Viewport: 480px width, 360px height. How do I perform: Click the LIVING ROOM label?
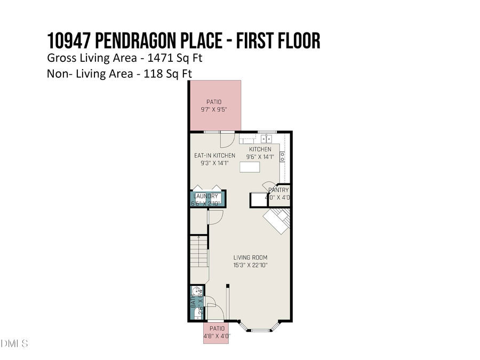click(x=250, y=258)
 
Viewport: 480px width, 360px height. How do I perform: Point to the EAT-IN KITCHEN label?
click(x=214, y=156)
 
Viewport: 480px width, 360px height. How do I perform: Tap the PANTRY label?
click(x=278, y=190)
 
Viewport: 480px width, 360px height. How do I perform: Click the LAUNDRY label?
click(x=206, y=196)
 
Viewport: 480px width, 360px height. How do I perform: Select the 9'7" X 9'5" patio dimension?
click(x=214, y=109)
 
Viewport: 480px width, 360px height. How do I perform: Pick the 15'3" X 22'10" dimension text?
click(x=250, y=265)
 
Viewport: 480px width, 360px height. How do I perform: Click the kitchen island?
click(x=250, y=167)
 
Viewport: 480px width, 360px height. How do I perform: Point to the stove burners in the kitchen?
click(x=283, y=156)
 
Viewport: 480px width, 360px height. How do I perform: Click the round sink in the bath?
click(x=196, y=292)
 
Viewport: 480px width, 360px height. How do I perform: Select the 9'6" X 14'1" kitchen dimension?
click(x=260, y=157)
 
